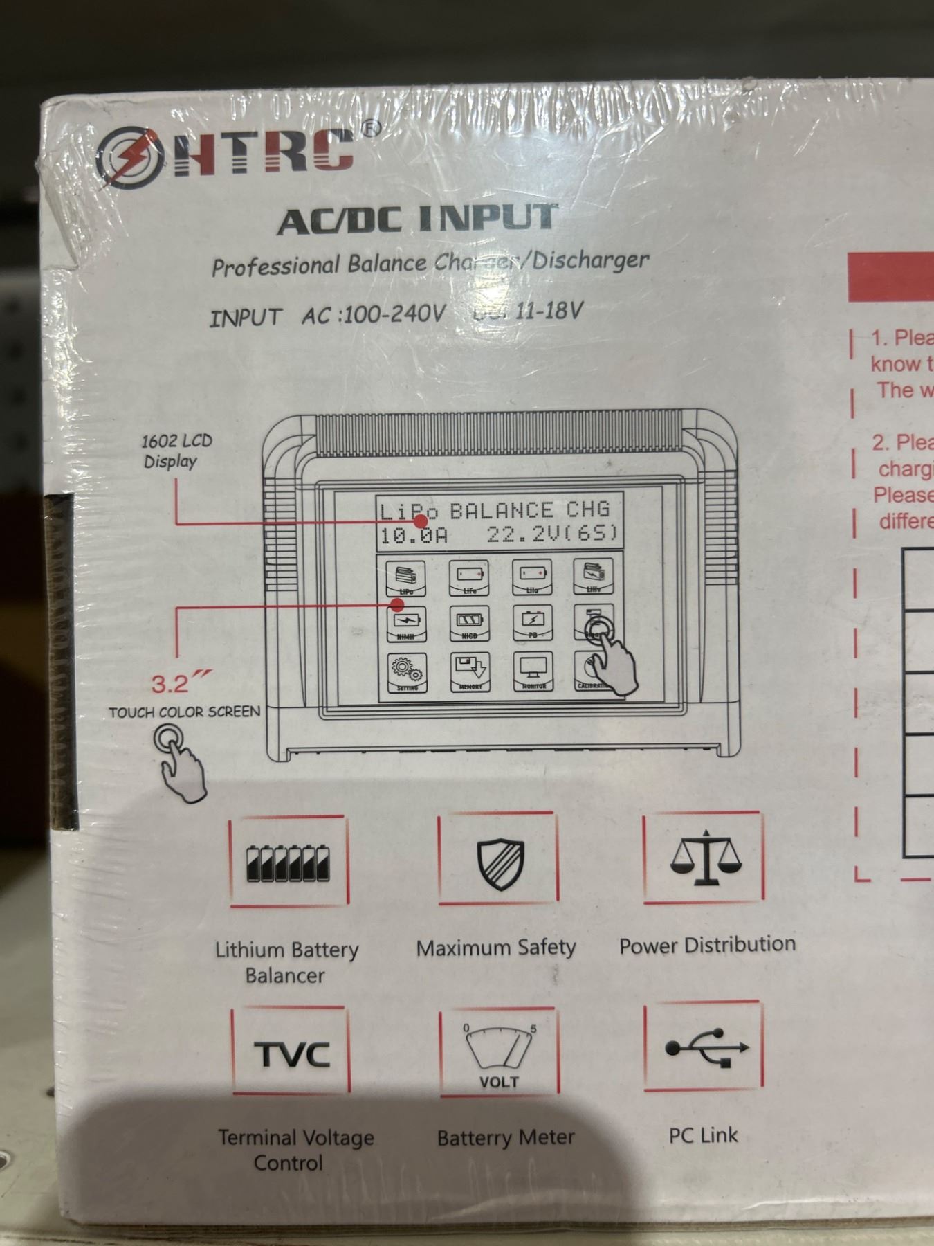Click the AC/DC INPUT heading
[417, 219]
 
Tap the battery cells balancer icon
[288, 863]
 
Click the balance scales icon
[705, 858]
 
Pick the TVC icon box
[291, 1053]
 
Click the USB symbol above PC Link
[706, 1048]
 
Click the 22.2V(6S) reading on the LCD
[551, 535]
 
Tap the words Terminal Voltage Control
[295, 1150]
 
